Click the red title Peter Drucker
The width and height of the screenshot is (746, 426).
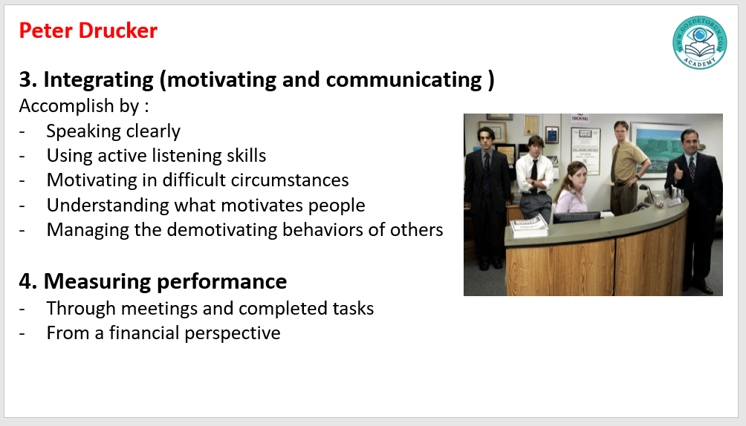(x=88, y=31)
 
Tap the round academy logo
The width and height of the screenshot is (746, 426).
(x=699, y=42)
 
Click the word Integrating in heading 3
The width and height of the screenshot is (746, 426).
(x=99, y=80)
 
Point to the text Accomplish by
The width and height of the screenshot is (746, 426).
(x=79, y=106)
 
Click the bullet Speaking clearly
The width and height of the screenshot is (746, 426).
(x=113, y=131)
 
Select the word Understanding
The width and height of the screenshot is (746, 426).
(x=108, y=206)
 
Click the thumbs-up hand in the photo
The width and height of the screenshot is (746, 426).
(x=678, y=171)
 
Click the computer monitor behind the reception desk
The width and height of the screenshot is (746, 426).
(x=576, y=217)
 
